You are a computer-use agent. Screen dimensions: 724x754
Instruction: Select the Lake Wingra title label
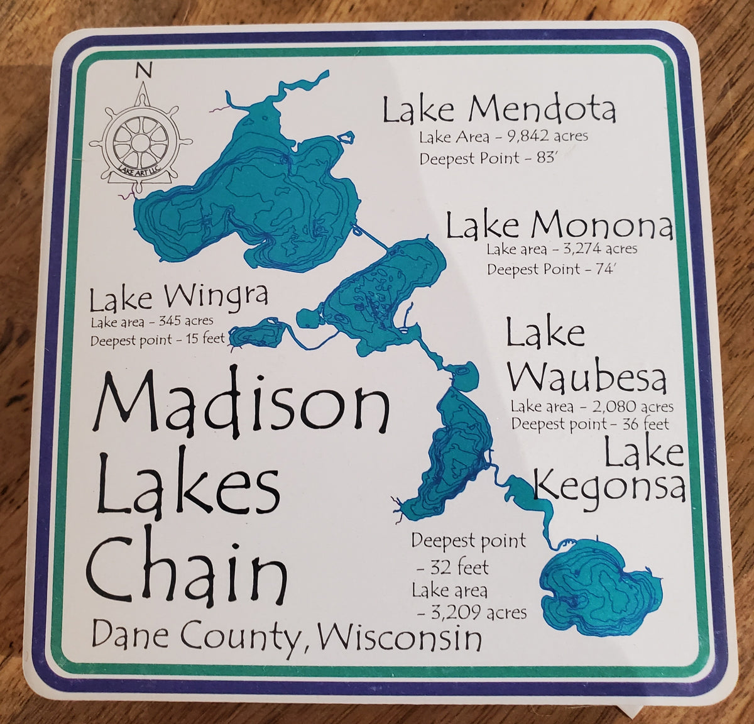[x=179, y=299]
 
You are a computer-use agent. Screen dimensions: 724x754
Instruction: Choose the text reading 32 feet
[x=452, y=568]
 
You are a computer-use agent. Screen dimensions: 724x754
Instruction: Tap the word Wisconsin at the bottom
[x=400, y=639]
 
